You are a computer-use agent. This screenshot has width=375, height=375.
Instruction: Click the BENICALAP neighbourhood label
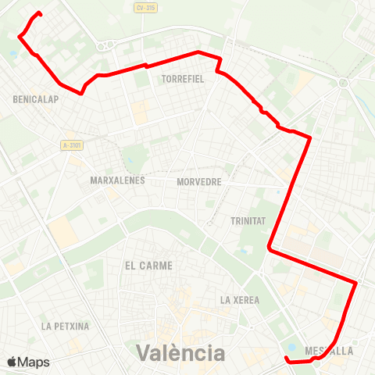coord(32,99)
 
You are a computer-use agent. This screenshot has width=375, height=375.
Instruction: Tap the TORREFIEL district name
coord(182,79)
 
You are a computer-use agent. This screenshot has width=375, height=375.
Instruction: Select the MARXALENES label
coord(114,181)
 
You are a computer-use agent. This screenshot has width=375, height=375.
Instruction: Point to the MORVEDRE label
coord(199,181)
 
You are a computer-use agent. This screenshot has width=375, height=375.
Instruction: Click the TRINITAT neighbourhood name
coord(248,221)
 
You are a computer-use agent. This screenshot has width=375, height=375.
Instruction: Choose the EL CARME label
coord(148,266)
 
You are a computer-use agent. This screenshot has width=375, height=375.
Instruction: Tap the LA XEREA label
coord(239,299)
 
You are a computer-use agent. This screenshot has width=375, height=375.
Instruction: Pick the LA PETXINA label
coord(66,326)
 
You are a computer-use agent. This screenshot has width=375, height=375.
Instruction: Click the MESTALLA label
coord(330,351)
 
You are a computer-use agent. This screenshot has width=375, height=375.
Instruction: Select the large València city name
coord(180,352)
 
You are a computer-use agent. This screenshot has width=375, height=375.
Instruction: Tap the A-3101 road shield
coord(72,145)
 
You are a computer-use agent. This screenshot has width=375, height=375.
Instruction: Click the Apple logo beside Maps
coord(12,362)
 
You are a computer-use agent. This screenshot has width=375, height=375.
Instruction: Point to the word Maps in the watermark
coord(34,362)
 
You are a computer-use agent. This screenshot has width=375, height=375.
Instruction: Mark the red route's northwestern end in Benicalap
coord(39,13)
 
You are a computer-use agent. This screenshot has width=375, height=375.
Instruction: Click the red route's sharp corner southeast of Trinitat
coord(270,248)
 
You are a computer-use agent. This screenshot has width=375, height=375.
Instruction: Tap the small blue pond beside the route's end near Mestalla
coord(292,348)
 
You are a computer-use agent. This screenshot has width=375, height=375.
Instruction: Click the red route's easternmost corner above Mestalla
coord(356,282)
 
